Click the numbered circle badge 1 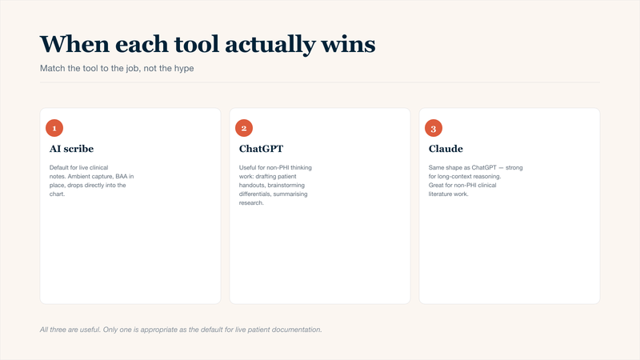point(54,128)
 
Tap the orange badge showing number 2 point(244,128)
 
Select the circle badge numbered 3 point(434,128)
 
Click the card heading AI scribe point(71,149)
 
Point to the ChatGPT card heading point(262,149)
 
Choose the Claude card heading point(446,149)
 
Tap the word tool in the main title point(197,44)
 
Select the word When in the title point(74,44)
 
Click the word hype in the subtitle point(184,68)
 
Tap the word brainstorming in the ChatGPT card point(286,186)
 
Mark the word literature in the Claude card point(438,194)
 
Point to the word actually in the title point(270,45)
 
